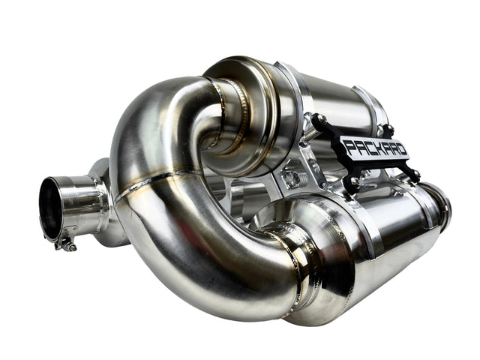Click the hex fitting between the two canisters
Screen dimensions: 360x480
pos(292,177)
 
